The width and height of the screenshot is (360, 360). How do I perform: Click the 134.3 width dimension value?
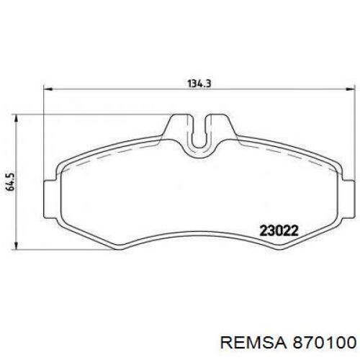coord(199,84)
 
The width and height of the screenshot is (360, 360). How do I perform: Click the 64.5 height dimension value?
coord(12,181)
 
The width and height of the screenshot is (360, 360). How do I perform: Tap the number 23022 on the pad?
coord(279,231)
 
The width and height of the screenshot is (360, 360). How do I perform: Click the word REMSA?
coord(253,343)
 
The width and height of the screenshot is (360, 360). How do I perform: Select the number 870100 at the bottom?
coord(323,343)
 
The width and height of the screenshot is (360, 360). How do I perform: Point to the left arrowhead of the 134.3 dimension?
coord(48,89)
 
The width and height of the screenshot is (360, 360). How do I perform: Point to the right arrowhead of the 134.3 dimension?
coord(350,89)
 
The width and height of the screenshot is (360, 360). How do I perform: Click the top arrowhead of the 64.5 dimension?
coord(16,119)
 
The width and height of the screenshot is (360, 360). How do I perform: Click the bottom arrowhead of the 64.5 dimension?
coord(16,245)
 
